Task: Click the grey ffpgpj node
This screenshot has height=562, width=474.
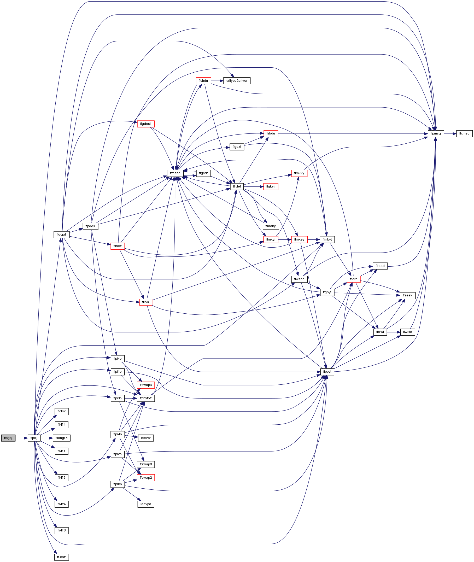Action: click(x=8, y=438)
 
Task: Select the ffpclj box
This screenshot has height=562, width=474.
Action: click(x=34, y=438)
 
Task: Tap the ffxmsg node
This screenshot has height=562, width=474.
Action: click(x=464, y=133)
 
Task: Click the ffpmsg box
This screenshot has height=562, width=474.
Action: click(x=436, y=133)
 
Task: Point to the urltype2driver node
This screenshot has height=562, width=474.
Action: click(x=237, y=81)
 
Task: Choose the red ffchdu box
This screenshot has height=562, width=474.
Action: click(x=203, y=81)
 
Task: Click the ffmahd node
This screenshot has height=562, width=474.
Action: click(x=175, y=173)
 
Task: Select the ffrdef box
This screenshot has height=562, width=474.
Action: click(x=237, y=186)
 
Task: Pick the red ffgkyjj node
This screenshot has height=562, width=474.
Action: click(x=271, y=186)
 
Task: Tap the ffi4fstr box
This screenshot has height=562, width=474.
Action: click(x=62, y=557)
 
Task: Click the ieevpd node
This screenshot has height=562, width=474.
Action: click(x=146, y=504)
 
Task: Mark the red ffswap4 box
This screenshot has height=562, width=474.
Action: click(x=146, y=385)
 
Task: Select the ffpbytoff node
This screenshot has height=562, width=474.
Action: click(x=146, y=398)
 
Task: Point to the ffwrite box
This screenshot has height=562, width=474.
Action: click(x=408, y=332)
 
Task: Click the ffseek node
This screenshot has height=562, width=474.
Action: click(x=408, y=296)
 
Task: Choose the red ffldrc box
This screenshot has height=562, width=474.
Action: click(x=354, y=279)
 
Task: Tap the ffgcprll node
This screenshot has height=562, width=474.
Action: click(x=62, y=235)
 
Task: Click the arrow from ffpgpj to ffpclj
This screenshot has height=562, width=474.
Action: click(x=21, y=438)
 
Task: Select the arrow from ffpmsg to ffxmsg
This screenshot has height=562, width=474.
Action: click(x=450, y=133)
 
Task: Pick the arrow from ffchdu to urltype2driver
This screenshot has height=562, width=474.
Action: click(x=217, y=81)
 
